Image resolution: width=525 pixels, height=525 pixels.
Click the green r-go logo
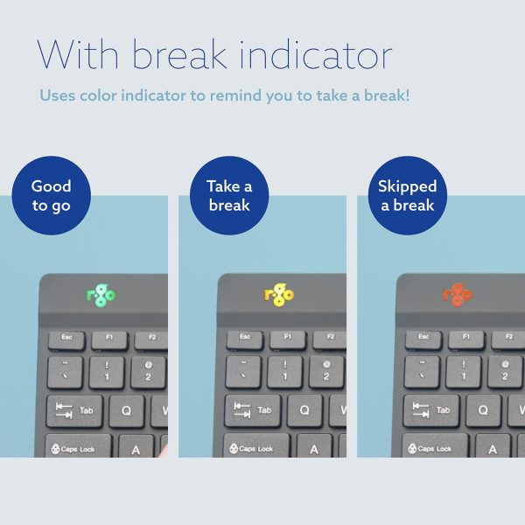point(101,295)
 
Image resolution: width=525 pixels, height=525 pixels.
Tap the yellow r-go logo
point(279,295)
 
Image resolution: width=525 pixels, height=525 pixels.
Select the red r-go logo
point(458,295)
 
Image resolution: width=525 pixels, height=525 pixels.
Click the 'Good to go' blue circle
point(52,195)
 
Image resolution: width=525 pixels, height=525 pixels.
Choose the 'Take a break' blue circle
point(229,195)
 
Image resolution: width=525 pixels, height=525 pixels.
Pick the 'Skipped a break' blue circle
point(408,195)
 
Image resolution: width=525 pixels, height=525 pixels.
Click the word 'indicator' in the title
point(315,54)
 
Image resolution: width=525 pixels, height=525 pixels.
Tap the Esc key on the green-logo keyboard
point(66,340)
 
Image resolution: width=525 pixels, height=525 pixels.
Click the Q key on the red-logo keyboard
point(484,411)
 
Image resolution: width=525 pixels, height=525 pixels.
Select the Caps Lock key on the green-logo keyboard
point(78,446)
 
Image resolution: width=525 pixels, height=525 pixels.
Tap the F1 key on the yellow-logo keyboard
point(288,340)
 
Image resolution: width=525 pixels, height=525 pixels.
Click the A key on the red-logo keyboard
point(493,446)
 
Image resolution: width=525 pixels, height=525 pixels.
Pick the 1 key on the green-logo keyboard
point(107,373)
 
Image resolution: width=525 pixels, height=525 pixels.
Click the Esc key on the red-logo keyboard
point(423,340)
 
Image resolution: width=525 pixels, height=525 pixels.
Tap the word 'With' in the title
point(78,54)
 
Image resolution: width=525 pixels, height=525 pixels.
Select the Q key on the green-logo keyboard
point(127,411)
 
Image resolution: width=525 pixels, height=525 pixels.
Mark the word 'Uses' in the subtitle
point(57,95)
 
